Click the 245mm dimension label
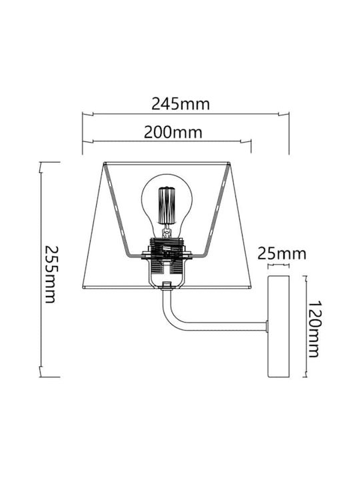tap(181, 104)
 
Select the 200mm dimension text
tap(173, 132)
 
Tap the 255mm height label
tap(50, 274)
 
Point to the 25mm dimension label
tap(281, 254)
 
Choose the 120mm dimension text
tap(313, 329)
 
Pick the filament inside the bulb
tap(167, 206)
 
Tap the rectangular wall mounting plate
tap(279, 326)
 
